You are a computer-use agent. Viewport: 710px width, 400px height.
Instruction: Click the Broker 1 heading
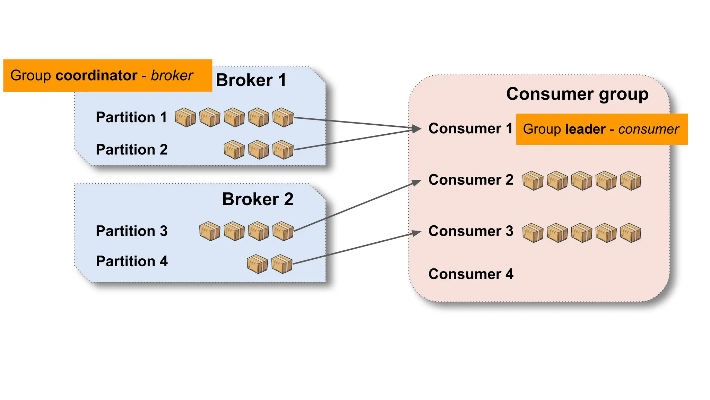click(x=251, y=80)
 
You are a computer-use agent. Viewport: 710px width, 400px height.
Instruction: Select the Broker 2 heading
click(x=258, y=199)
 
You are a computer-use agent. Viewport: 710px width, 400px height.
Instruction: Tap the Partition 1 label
click(x=131, y=117)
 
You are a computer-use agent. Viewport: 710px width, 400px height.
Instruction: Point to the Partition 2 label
click(x=132, y=150)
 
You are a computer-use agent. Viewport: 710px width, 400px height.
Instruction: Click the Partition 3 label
click(x=132, y=231)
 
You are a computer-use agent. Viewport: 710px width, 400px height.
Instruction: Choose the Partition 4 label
click(x=132, y=261)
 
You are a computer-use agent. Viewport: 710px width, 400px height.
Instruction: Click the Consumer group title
click(x=577, y=94)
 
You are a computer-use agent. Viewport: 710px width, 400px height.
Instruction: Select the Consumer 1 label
click(x=470, y=129)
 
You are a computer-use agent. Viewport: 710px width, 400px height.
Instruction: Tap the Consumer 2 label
click(x=471, y=180)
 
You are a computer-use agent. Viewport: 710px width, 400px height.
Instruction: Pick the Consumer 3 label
click(x=471, y=231)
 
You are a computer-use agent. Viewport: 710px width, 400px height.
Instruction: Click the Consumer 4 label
click(x=471, y=274)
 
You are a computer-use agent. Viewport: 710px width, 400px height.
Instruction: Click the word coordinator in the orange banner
click(x=96, y=76)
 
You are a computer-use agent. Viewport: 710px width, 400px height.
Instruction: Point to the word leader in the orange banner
click(x=585, y=129)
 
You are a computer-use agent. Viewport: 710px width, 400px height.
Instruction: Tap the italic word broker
click(x=172, y=76)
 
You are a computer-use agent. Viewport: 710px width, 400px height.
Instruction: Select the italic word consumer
click(x=648, y=129)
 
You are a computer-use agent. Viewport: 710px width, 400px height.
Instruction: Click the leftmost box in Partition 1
click(x=185, y=117)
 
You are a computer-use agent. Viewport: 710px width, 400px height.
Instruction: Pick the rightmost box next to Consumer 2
click(x=630, y=181)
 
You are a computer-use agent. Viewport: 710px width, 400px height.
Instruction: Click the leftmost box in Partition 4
click(x=257, y=264)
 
